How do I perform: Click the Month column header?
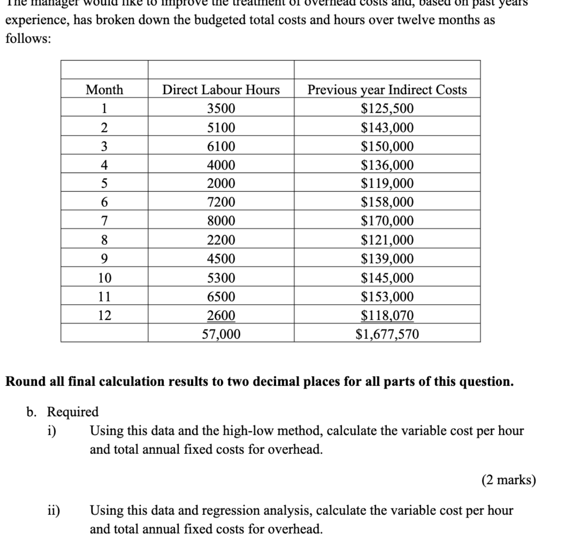tap(104, 90)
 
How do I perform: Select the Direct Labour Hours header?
tap(221, 90)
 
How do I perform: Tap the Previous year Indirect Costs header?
tap(387, 90)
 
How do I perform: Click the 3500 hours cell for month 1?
tap(221, 109)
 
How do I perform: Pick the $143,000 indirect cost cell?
tap(387, 127)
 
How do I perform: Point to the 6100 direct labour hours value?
tap(221, 146)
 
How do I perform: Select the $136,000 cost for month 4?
tap(387, 165)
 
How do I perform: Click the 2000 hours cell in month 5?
tap(221, 183)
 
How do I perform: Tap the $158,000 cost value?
tap(387, 202)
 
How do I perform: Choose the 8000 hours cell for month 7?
tap(221, 220)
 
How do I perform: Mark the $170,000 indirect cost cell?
tap(387, 220)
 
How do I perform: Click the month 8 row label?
tap(104, 240)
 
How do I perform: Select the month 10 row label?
tap(104, 278)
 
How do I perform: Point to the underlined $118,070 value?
tap(387, 315)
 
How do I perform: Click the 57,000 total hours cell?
tap(221, 334)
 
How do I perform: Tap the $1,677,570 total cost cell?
tap(387, 334)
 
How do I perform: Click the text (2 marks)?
tap(508, 480)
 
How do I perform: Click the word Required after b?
tap(73, 412)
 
